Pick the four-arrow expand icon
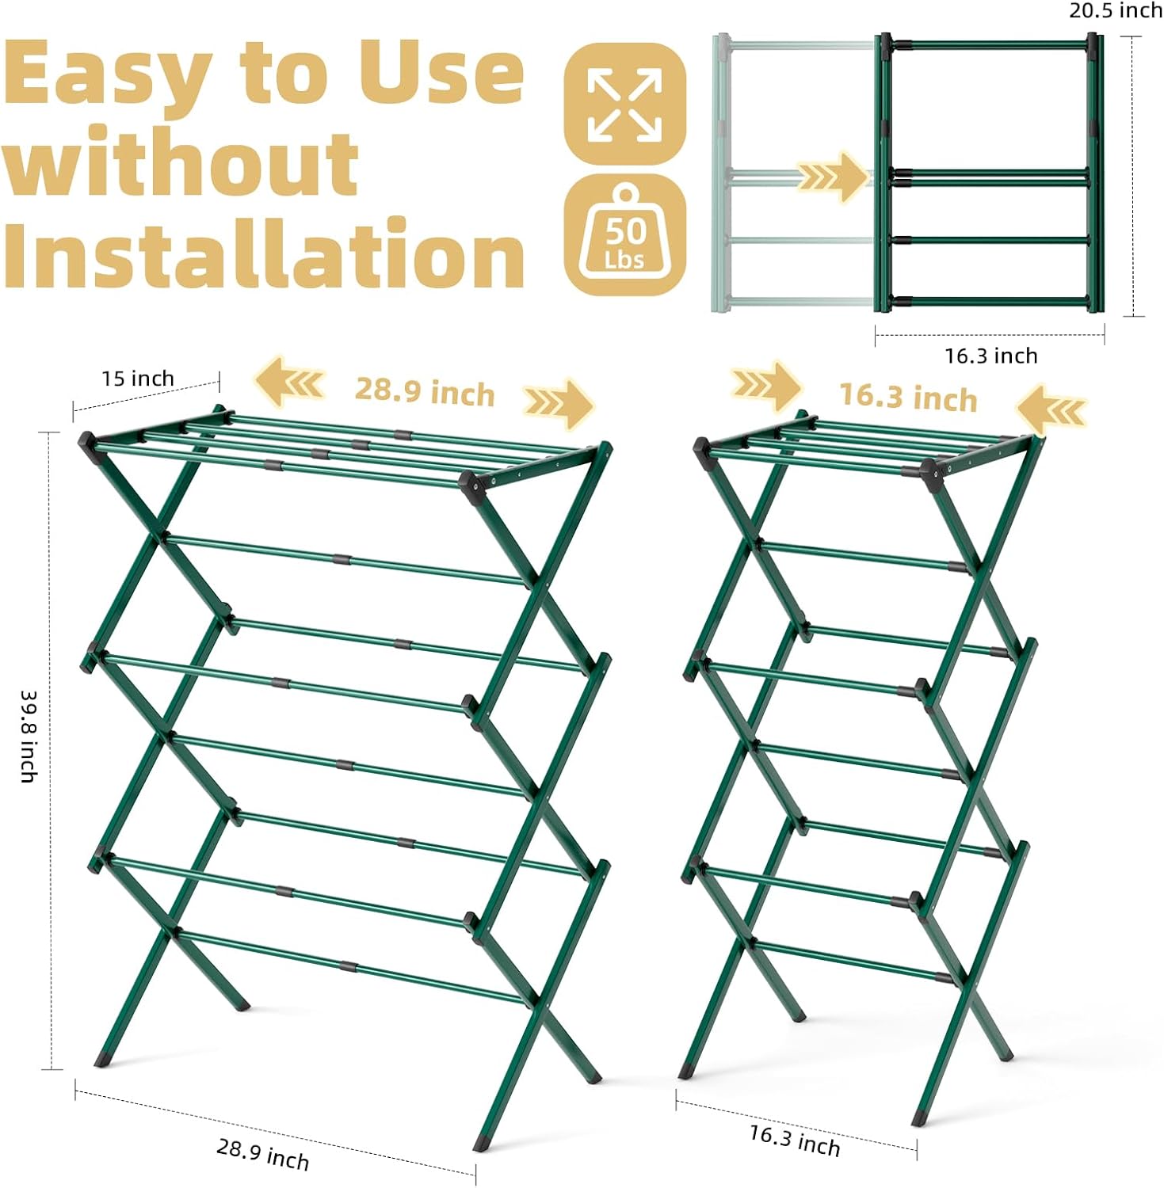point(624,105)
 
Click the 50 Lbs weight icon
point(624,236)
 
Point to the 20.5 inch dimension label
point(1115,11)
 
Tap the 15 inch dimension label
point(137,379)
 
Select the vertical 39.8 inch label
point(29,737)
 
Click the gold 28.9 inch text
point(425,391)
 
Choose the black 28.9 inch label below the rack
point(263,1154)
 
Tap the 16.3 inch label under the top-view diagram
point(990,356)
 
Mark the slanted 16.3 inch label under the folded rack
point(795,1140)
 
